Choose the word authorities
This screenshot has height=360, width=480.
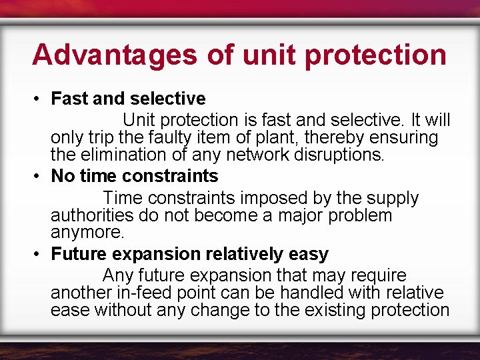click(88, 216)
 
